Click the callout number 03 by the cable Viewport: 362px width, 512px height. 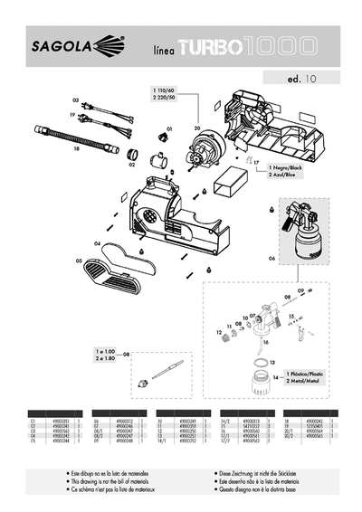(75, 100)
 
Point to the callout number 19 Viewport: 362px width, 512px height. (71, 116)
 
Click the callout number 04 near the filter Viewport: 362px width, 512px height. (97, 243)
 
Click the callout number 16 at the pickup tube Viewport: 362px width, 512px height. (266, 343)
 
